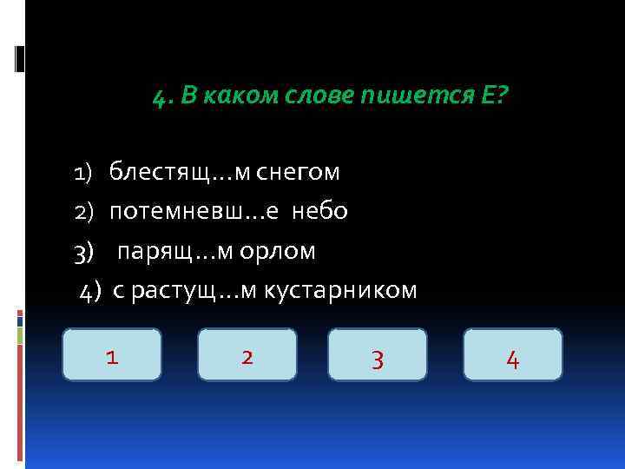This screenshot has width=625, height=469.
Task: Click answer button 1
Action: tap(111, 354)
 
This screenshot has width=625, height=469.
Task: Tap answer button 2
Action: tap(247, 354)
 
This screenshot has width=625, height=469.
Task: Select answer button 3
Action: tap(378, 354)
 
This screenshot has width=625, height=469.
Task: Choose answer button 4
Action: tap(512, 354)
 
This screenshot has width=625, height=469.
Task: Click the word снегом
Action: tap(298, 173)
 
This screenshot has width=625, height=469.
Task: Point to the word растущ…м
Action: tap(194, 291)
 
